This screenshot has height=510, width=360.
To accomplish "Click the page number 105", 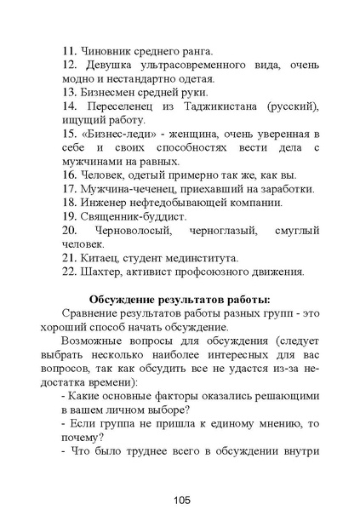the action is pyautogui.click(x=180, y=477).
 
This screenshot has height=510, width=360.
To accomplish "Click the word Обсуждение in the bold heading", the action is pyautogui.click(x=129, y=299).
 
